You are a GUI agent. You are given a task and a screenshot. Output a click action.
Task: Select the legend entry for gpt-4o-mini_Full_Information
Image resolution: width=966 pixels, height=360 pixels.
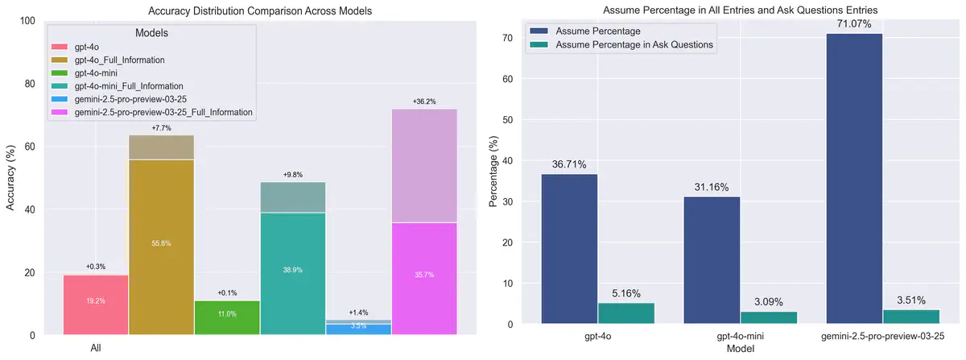129,85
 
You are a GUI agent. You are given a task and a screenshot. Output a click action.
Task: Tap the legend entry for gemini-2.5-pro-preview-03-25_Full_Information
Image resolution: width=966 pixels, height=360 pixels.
163,112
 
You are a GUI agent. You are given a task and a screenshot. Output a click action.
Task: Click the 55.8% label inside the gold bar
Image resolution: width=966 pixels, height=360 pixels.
161,243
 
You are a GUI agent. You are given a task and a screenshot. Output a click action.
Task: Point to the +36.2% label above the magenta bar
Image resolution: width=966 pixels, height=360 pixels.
423,101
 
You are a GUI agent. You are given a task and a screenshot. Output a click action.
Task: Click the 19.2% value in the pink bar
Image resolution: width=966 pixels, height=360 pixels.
96,300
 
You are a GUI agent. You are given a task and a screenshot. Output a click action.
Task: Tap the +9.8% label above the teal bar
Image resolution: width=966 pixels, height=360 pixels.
293,175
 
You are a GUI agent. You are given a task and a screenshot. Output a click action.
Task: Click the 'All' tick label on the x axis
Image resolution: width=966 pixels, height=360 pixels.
96,348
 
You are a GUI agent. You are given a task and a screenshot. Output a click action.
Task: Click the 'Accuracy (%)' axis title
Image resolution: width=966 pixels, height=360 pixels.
11,178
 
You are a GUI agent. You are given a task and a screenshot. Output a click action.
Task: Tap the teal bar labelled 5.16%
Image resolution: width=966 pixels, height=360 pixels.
625,313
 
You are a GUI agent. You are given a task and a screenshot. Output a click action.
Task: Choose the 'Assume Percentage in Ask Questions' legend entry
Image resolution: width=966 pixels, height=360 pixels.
634,45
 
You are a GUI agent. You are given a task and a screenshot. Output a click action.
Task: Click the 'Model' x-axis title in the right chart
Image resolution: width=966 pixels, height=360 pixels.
740,349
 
